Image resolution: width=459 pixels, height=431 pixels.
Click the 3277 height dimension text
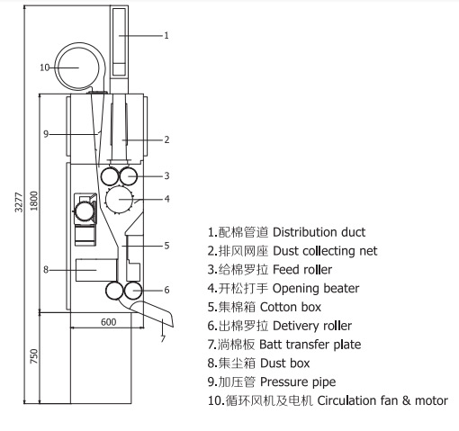(19, 202)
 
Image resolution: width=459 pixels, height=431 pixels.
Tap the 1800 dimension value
(34, 201)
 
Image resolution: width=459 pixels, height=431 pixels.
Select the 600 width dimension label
(109, 322)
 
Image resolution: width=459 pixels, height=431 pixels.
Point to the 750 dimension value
(34, 356)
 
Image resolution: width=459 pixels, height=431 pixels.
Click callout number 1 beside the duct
(166, 35)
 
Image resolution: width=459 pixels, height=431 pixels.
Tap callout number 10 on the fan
(44, 67)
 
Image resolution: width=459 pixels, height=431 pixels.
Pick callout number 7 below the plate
(163, 338)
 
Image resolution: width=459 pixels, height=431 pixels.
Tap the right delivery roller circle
(132, 291)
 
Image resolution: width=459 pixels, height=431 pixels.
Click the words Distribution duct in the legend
(319, 232)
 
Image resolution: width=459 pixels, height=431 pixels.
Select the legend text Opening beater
(316, 289)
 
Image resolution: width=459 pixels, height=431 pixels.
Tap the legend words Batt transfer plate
(310, 345)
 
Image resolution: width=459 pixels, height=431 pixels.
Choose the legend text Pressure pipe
(298, 382)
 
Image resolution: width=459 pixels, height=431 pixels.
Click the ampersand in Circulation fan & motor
(406, 400)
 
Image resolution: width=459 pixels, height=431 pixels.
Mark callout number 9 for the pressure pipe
(46, 134)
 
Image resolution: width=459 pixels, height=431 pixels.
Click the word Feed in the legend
(284, 270)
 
